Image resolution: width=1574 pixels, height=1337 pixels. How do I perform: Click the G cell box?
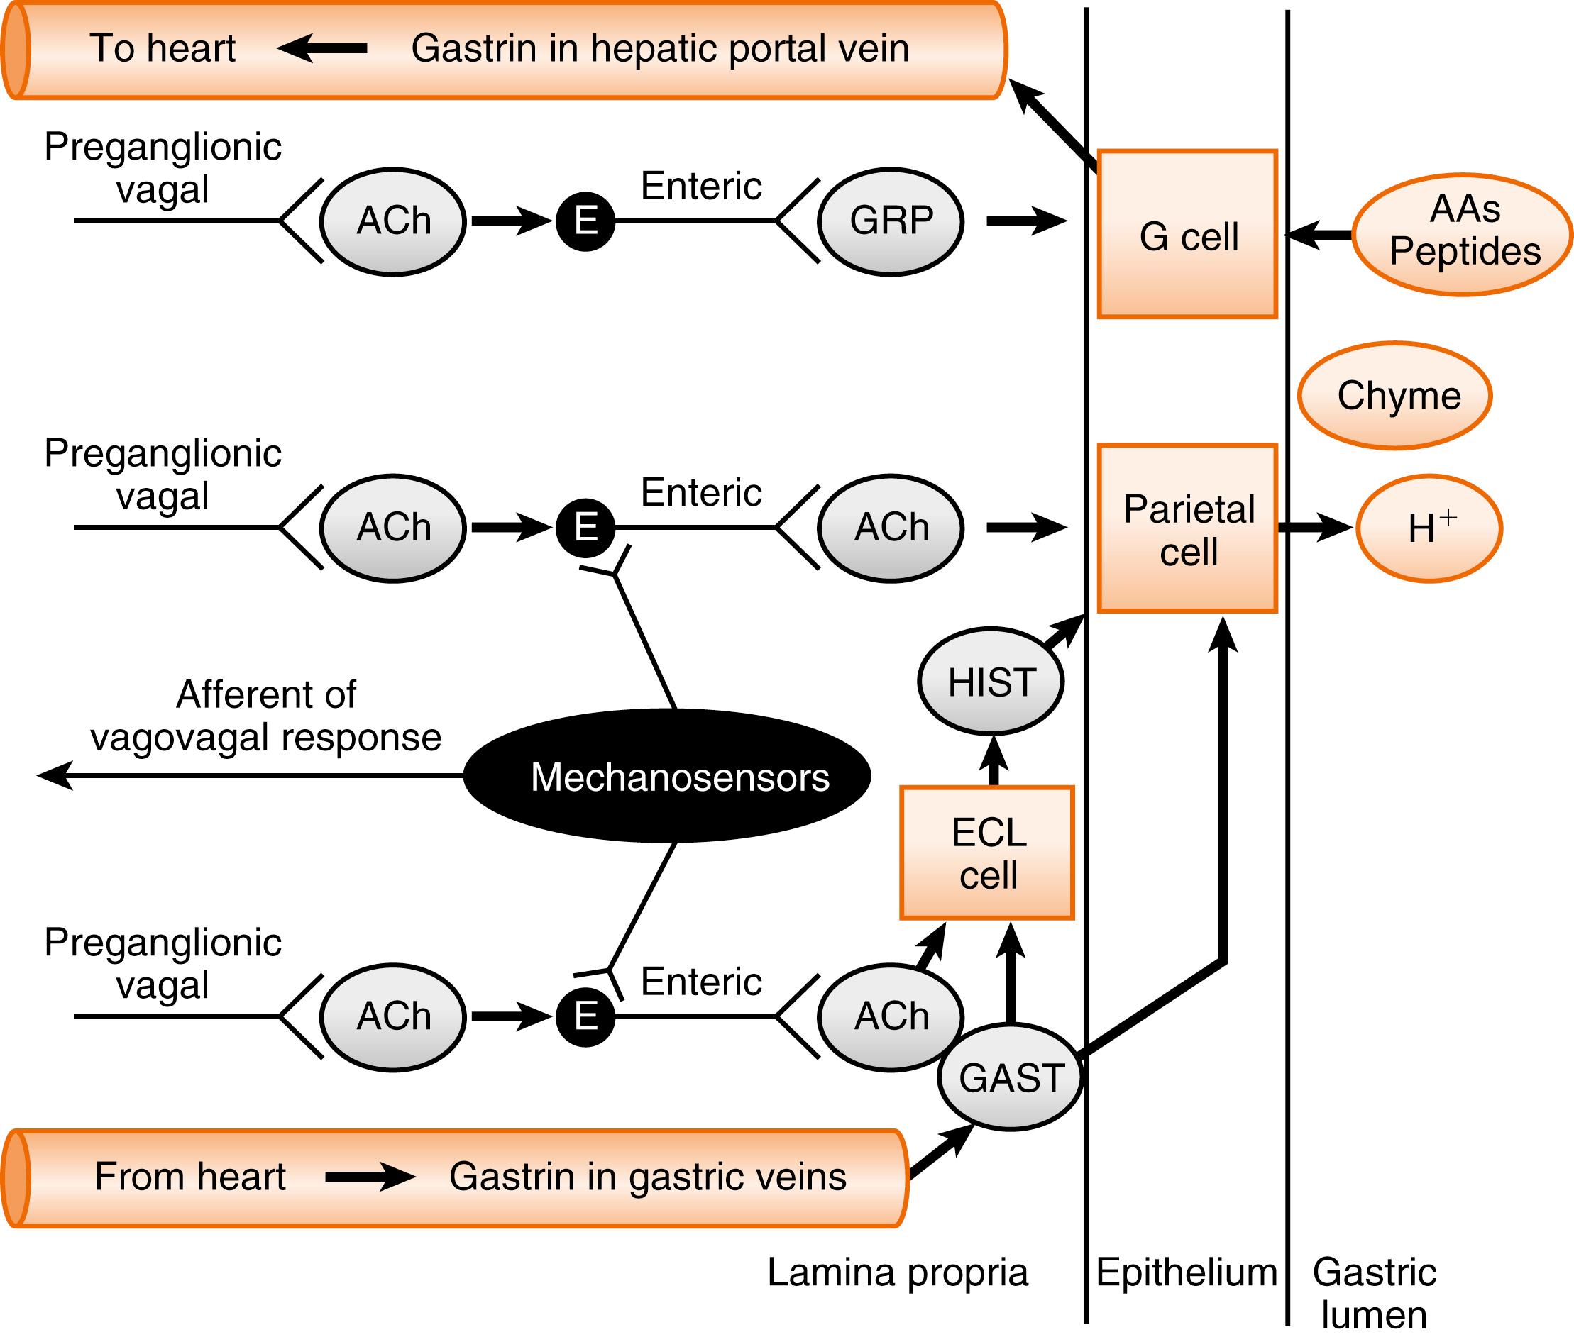(x=1187, y=234)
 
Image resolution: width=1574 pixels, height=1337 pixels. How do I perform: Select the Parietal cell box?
(x=1187, y=528)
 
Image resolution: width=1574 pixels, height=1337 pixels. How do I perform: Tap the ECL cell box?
(x=987, y=853)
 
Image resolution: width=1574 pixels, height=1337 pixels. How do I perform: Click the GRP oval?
(x=891, y=221)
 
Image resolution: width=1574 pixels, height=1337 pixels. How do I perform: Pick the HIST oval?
(x=991, y=682)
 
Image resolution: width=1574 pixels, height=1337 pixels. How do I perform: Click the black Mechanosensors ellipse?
(x=667, y=776)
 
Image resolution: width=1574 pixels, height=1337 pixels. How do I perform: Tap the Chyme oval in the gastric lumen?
(x=1395, y=396)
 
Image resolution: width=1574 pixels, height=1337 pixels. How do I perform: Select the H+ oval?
(x=1429, y=528)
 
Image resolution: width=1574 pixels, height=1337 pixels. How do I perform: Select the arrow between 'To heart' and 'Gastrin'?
(x=322, y=48)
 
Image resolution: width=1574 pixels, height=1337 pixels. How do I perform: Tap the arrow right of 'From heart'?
(x=370, y=1177)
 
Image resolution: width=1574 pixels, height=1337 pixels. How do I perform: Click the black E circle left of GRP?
(x=585, y=221)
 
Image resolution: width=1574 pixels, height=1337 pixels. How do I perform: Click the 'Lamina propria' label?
(x=898, y=1272)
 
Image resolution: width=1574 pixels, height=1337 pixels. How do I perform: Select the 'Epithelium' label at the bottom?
(x=1187, y=1272)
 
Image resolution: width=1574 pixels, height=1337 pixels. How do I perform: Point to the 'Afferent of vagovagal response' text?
(x=265, y=716)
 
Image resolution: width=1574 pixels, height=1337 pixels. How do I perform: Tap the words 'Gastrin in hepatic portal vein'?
(x=660, y=48)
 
